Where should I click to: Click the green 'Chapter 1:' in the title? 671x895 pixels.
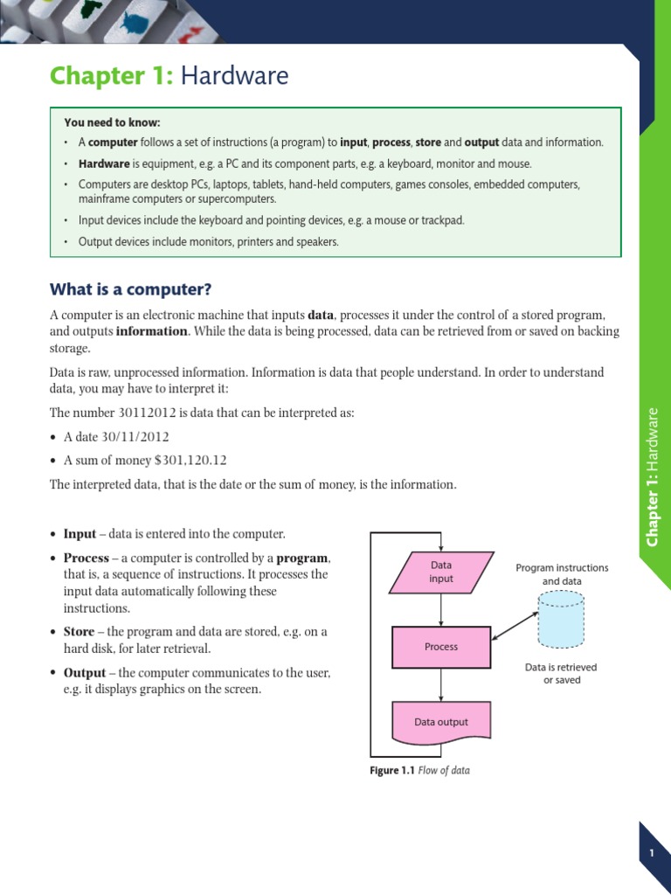pos(112,77)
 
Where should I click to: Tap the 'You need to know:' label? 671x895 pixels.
pos(113,122)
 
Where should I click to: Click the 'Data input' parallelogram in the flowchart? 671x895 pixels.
pos(441,572)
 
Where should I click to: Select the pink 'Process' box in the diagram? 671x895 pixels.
pos(441,647)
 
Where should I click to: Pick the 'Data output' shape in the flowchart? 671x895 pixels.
pos(441,722)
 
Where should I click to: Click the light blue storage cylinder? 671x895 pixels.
pos(561,621)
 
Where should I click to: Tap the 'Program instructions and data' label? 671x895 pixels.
pos(562,574)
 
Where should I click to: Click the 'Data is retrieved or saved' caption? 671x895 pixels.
pos(561,673)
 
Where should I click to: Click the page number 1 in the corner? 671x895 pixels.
pos(652,853)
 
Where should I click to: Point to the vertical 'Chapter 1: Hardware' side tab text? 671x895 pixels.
pos(652,476)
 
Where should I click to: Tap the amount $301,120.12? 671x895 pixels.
pos(190,460)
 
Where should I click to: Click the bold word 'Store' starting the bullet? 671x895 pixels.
pos(80,632)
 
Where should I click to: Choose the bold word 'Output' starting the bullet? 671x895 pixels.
pos(84,673)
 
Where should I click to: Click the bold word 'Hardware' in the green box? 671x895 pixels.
pos(104,163)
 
